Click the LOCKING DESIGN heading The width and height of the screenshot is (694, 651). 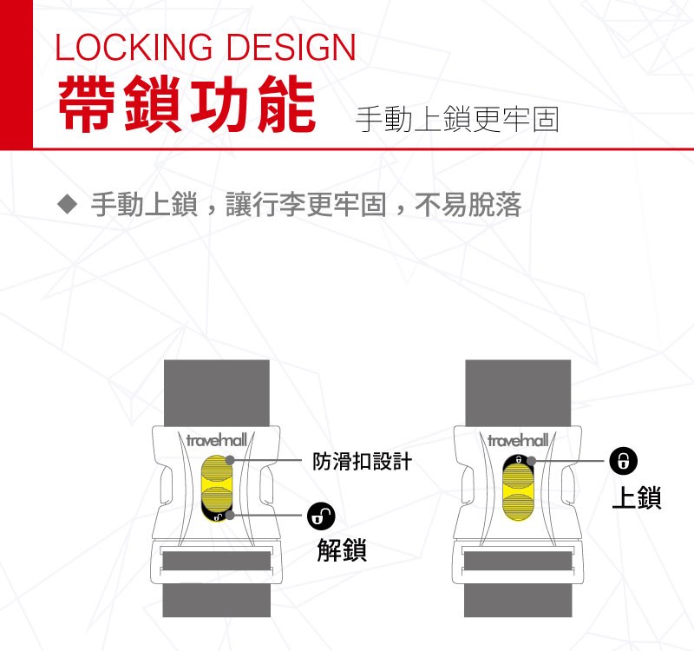206,47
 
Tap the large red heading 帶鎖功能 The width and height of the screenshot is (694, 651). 187,104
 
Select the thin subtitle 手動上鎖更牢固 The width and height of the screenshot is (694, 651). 457,119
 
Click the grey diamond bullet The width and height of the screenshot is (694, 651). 68,205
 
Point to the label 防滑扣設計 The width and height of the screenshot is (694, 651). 362,461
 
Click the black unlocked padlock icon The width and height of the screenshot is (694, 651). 321,516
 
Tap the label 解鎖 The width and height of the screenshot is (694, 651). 342,550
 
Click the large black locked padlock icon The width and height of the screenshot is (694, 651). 624,461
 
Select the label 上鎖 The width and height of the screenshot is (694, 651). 637,497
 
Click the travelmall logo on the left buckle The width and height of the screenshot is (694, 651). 216,440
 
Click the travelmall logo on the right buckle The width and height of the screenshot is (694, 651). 518,440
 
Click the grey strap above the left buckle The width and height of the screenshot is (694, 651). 216,393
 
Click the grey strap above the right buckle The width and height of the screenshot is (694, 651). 518,393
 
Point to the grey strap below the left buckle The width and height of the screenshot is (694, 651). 216,600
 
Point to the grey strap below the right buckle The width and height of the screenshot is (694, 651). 518,600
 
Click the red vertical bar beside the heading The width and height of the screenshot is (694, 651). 16,75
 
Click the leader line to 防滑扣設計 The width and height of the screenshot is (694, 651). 265,461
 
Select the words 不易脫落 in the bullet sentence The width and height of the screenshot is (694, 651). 468,205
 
